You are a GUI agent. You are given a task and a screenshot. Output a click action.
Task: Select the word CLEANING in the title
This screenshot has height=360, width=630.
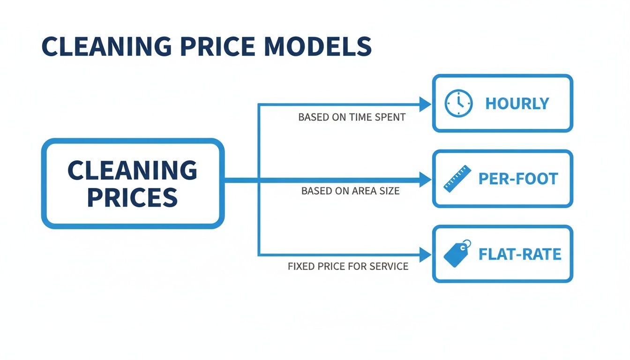click(106, 47)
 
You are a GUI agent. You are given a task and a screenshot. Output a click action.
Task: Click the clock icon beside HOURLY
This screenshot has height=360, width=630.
click(458, 103)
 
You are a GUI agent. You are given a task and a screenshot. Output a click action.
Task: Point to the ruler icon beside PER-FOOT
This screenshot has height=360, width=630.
click(456, 179)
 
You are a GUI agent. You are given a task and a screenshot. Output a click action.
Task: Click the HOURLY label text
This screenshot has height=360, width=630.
click(517, 104)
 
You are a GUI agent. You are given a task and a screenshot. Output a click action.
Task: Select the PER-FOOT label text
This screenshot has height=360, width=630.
click(518, 179)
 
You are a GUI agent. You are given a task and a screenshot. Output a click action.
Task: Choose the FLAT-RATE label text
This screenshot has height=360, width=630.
click(520, 254)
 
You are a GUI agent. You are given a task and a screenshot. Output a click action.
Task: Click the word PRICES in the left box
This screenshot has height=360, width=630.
click(133, 197)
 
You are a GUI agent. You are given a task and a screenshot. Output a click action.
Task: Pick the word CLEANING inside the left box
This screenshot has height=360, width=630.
click(133, 170)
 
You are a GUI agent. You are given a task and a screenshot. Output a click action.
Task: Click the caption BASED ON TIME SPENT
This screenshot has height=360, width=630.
click(352, 117)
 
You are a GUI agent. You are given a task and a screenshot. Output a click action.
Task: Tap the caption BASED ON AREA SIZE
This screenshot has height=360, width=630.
click(351, 191)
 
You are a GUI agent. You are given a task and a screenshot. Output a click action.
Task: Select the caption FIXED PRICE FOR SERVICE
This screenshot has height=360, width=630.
click(348, 266)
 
